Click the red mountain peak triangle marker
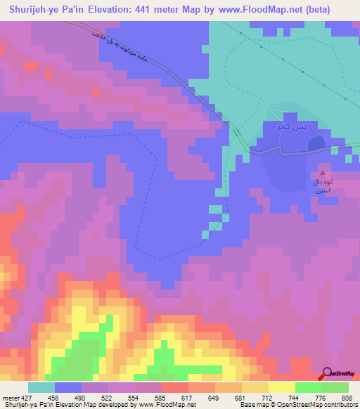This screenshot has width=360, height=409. [x=323, y=171]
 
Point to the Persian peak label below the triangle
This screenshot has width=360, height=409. [x=323, y=186]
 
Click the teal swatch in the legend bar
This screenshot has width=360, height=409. [x=41, y=387]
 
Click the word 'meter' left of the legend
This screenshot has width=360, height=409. [x=9, y=398]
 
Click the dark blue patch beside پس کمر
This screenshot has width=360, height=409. [x=316, y=143]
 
